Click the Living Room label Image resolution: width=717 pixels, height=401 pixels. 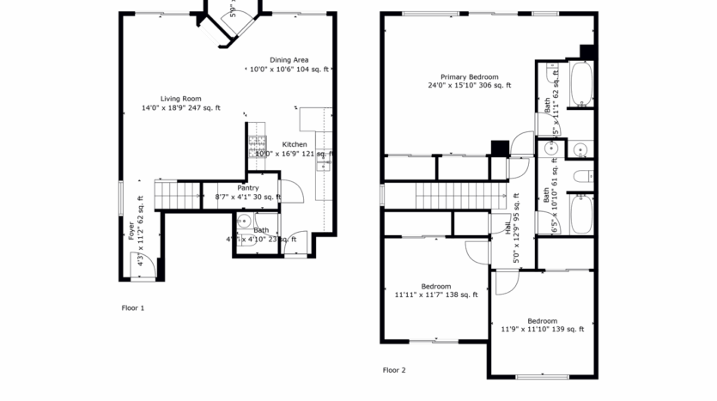tap(180, 98)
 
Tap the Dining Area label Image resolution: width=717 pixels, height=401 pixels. tap(289, 59)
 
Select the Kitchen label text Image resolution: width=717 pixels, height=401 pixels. tap(295, 144)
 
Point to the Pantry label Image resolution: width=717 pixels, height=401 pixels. tap(248, 187)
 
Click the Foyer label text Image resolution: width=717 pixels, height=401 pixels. tap(132, 230)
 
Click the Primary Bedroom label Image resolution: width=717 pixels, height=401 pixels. tap(470, 76)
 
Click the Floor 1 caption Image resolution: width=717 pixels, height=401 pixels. tap(133, 307)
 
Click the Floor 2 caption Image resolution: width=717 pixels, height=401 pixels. tap(394, 370)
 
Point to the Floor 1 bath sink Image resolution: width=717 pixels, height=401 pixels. tap(242, 232)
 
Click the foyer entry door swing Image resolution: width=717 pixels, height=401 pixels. tap(147, 269)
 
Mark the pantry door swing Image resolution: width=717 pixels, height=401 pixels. tap(290, 191)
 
